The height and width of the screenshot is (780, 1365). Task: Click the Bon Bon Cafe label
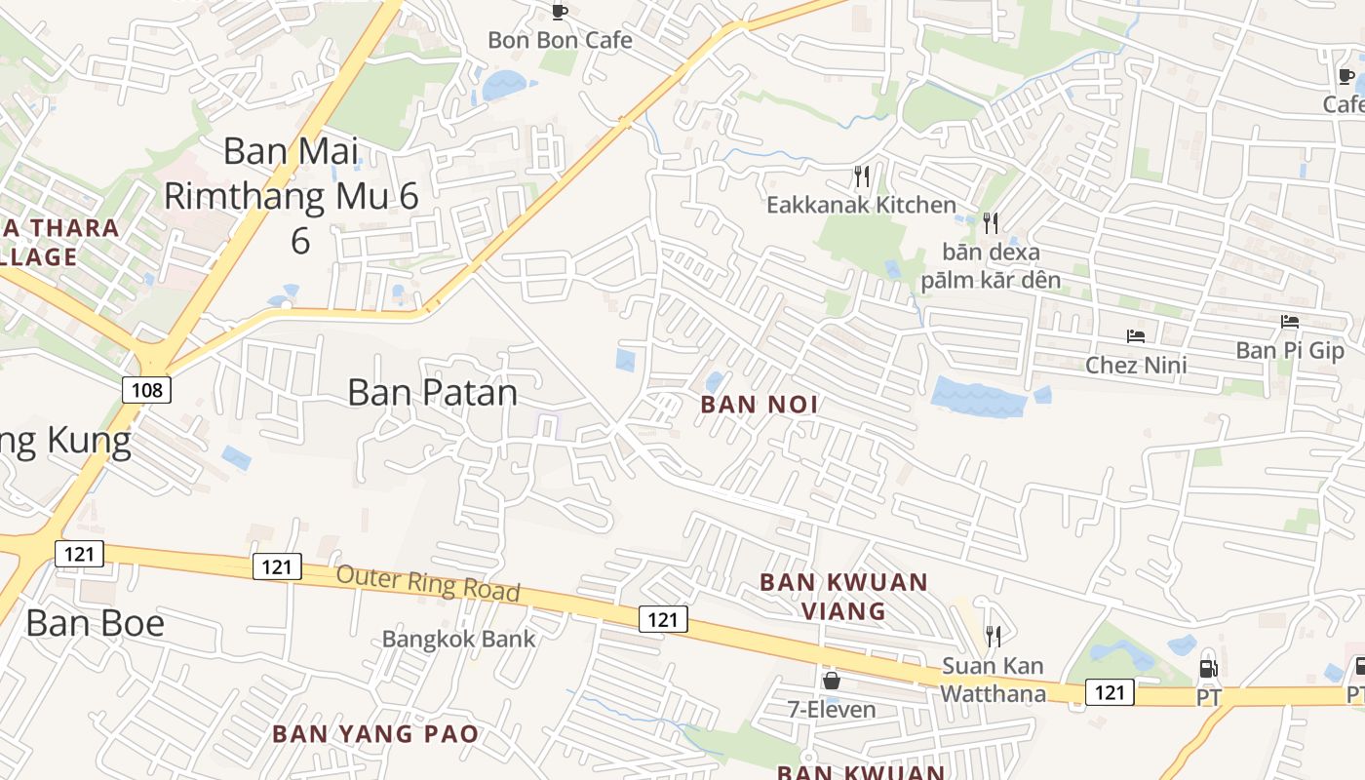click(560, 40)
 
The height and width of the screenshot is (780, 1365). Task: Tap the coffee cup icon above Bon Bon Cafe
click(560, 12)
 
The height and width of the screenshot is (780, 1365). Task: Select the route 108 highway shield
click(147, 390)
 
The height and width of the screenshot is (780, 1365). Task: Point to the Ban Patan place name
click(433, 392)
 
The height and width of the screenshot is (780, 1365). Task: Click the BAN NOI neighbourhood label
click(760, 405)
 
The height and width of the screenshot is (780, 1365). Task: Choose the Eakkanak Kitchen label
click(861, 205)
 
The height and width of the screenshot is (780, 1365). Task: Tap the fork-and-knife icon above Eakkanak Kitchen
click(861, 176)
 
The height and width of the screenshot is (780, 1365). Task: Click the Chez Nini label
click(1136, 366)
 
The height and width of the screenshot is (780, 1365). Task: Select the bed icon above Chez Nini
click(1136, 336)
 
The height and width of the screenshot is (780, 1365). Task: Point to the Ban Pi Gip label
click(1290, 350)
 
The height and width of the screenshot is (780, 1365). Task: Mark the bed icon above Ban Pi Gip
click(1290, 321)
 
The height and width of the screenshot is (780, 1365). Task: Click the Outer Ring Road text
click(428, 583)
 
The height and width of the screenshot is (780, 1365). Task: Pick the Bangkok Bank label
click(458, 639)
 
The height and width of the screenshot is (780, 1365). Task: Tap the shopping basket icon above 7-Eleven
click(832, 681)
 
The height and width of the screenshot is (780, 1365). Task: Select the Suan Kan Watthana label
click(993, 680)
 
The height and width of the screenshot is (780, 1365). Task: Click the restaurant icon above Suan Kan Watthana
click(993, 637)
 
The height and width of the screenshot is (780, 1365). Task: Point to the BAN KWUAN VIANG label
click(843, 597)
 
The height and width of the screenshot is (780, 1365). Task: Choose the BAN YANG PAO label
click(375, 734)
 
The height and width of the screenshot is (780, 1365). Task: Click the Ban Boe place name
click(96, 623)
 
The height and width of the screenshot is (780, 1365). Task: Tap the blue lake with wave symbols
click(978, 397)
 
